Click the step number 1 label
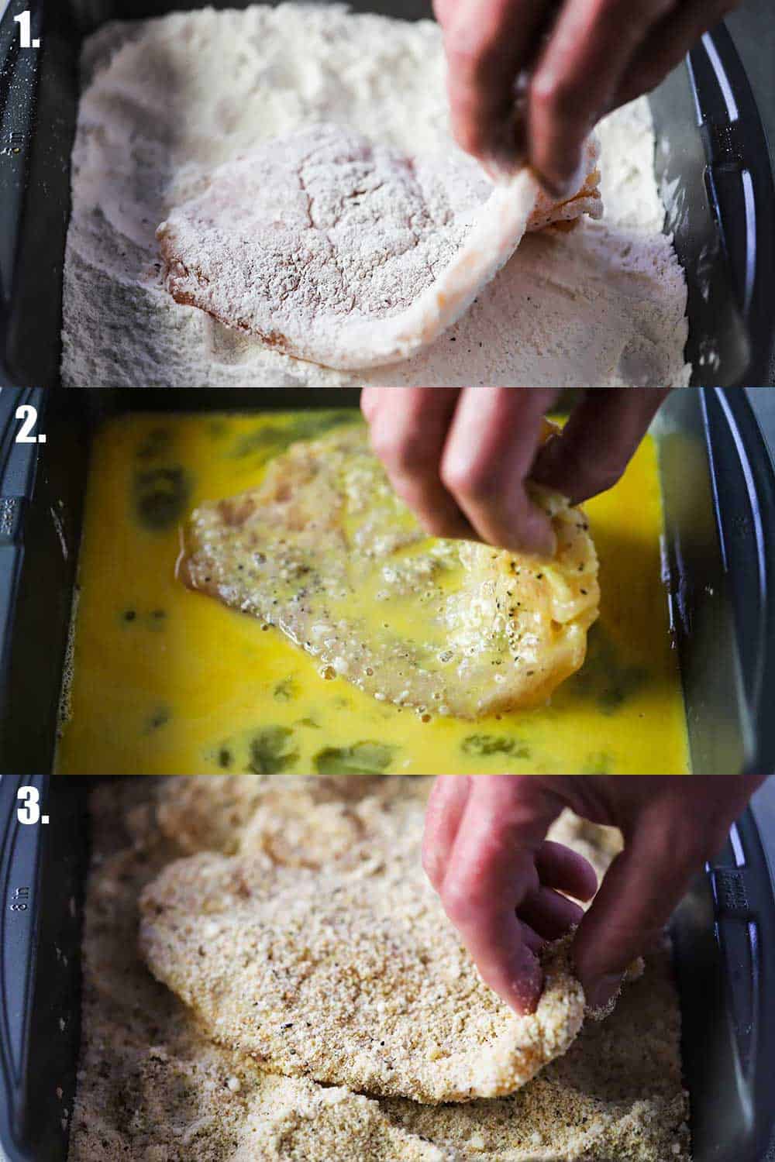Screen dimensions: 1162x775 tap(26, 32)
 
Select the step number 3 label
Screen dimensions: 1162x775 tap(33, 807)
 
